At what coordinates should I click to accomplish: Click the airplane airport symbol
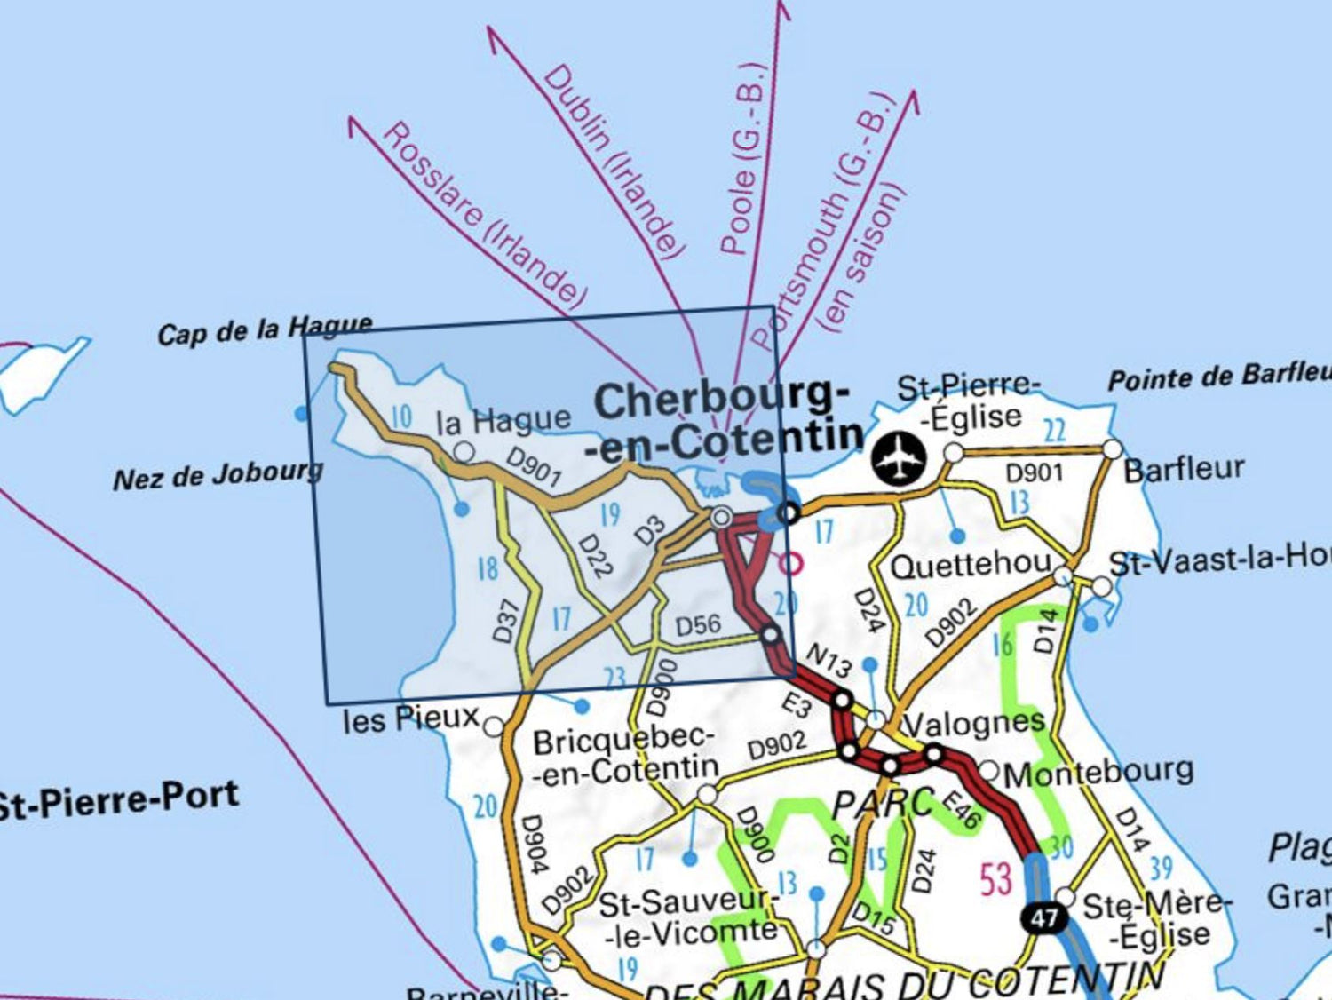point(899,460)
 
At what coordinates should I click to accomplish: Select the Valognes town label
point(975,724)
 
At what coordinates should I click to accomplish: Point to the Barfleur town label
point(1184,469)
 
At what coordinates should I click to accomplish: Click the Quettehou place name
point(970,566)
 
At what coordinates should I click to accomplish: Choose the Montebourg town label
point(1098,772)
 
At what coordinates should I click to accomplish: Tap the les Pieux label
point(410,718)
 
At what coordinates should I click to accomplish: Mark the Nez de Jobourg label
point(218,475)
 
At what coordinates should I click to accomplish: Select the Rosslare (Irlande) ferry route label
point(484,215)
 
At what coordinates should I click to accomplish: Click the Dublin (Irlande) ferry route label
point(614,160)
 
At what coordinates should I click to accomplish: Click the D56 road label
point(698,625)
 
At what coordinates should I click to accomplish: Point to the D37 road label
point(505,621)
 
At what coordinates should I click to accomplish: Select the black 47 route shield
point(1043,917)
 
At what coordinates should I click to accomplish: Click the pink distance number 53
point(995,879)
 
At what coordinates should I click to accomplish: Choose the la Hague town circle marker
point(464,453)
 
